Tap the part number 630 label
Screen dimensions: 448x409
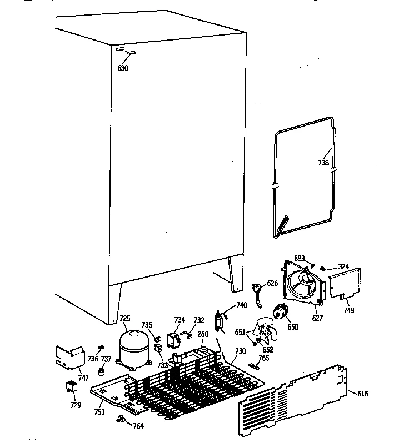point(123,68)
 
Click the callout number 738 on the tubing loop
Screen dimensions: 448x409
point(323,163)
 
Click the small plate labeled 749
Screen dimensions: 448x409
point(345,284)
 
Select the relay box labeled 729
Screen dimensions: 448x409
point(71,386)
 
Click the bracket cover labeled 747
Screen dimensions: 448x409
point(66,358)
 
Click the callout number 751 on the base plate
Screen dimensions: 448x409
point(99,411)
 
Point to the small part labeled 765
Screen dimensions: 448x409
point(255,365)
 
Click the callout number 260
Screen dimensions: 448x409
point(203,334)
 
